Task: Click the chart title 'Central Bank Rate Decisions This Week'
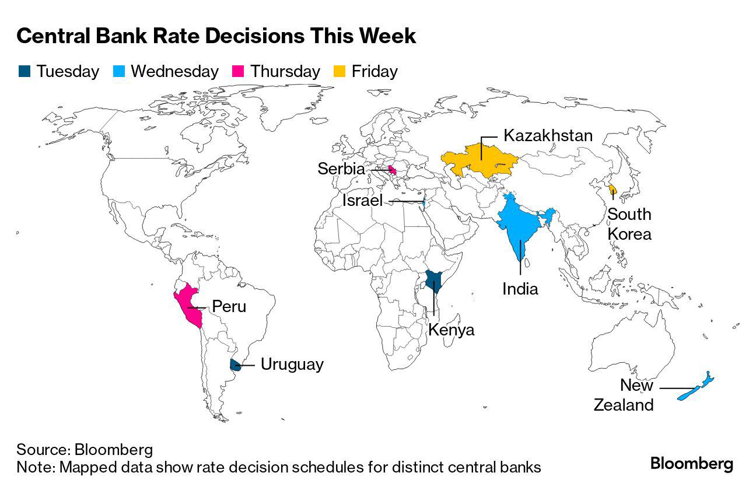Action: (216, 36)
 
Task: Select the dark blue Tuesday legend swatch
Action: (24, 72)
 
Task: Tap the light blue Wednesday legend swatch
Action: (118, 72)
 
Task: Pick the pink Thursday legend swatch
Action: (238, 72)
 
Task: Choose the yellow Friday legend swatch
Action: (339, 72)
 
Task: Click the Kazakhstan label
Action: (548, 136)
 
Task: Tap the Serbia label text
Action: (341, 169)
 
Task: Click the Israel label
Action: (362, 201)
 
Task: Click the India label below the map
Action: (520, 288)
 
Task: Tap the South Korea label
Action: (629, 224)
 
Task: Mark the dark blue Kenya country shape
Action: (433, 282)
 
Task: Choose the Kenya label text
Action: (451, 330)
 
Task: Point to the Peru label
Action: (229, 306)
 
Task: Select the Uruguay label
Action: (292, 365)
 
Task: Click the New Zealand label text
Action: (624, 395)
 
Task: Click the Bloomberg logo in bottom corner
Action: (691, 464)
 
